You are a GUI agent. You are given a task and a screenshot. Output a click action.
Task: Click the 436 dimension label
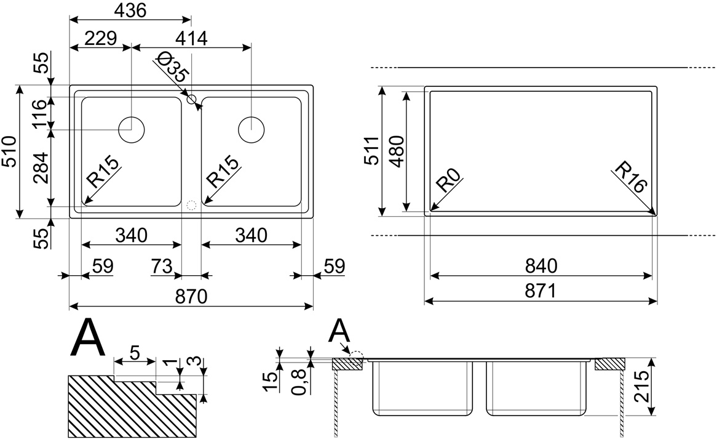(x=130, y=11)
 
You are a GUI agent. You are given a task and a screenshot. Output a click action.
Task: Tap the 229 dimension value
(x=100, y=38)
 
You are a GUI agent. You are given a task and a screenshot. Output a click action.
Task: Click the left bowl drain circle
(x=131, y=130)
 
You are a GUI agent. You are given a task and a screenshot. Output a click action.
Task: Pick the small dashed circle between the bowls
(x=191, y=204)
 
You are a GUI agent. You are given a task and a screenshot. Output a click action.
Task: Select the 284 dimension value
(x=40, y=168)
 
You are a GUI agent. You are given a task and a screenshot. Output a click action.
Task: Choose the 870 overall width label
(x=191, y=295)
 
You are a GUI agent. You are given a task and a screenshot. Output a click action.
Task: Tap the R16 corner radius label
(x=630, y=177)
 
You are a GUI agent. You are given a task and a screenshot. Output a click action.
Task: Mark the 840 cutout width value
(x=541, y=266)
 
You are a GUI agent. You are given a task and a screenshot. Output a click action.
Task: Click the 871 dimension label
(x=541, y=291)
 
